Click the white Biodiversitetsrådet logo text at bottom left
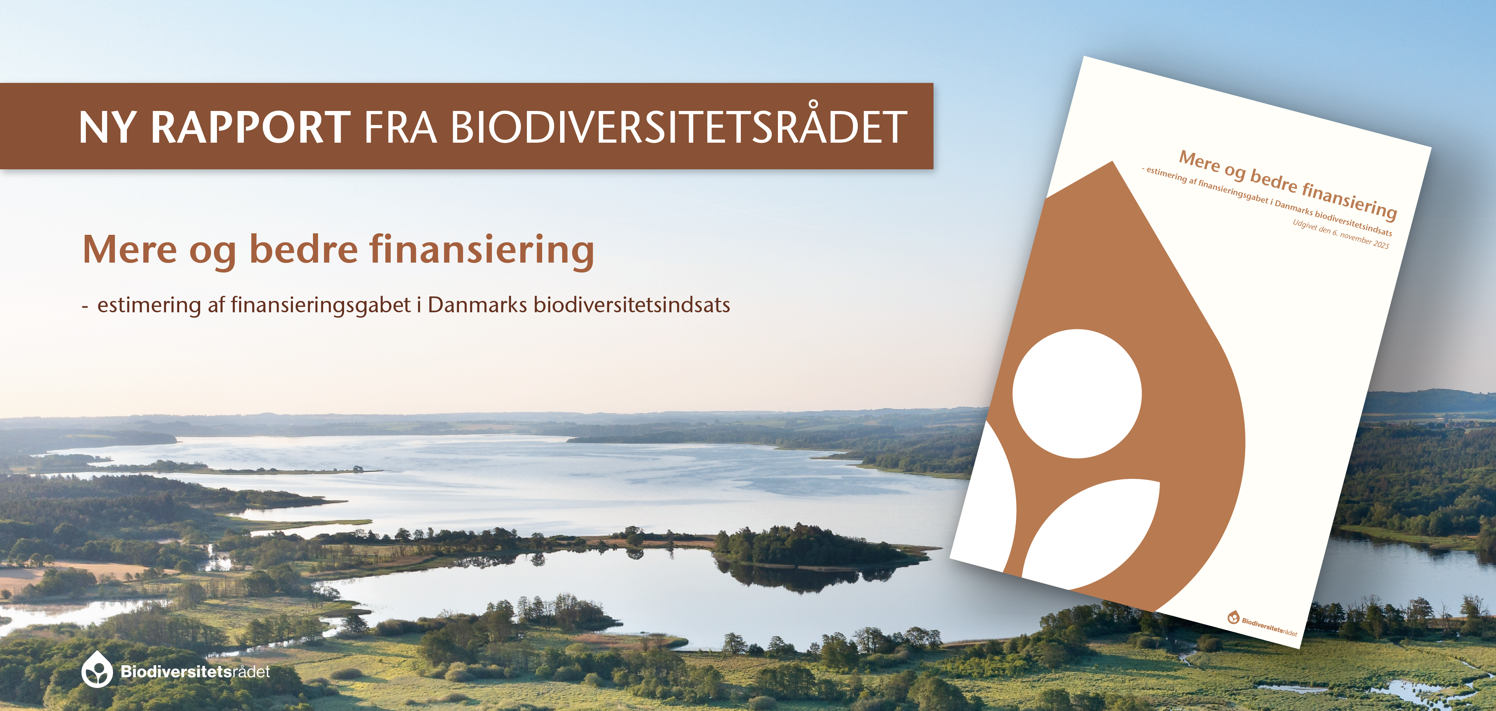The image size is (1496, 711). pos(195,672)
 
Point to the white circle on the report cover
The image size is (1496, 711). pos(1077,394)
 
